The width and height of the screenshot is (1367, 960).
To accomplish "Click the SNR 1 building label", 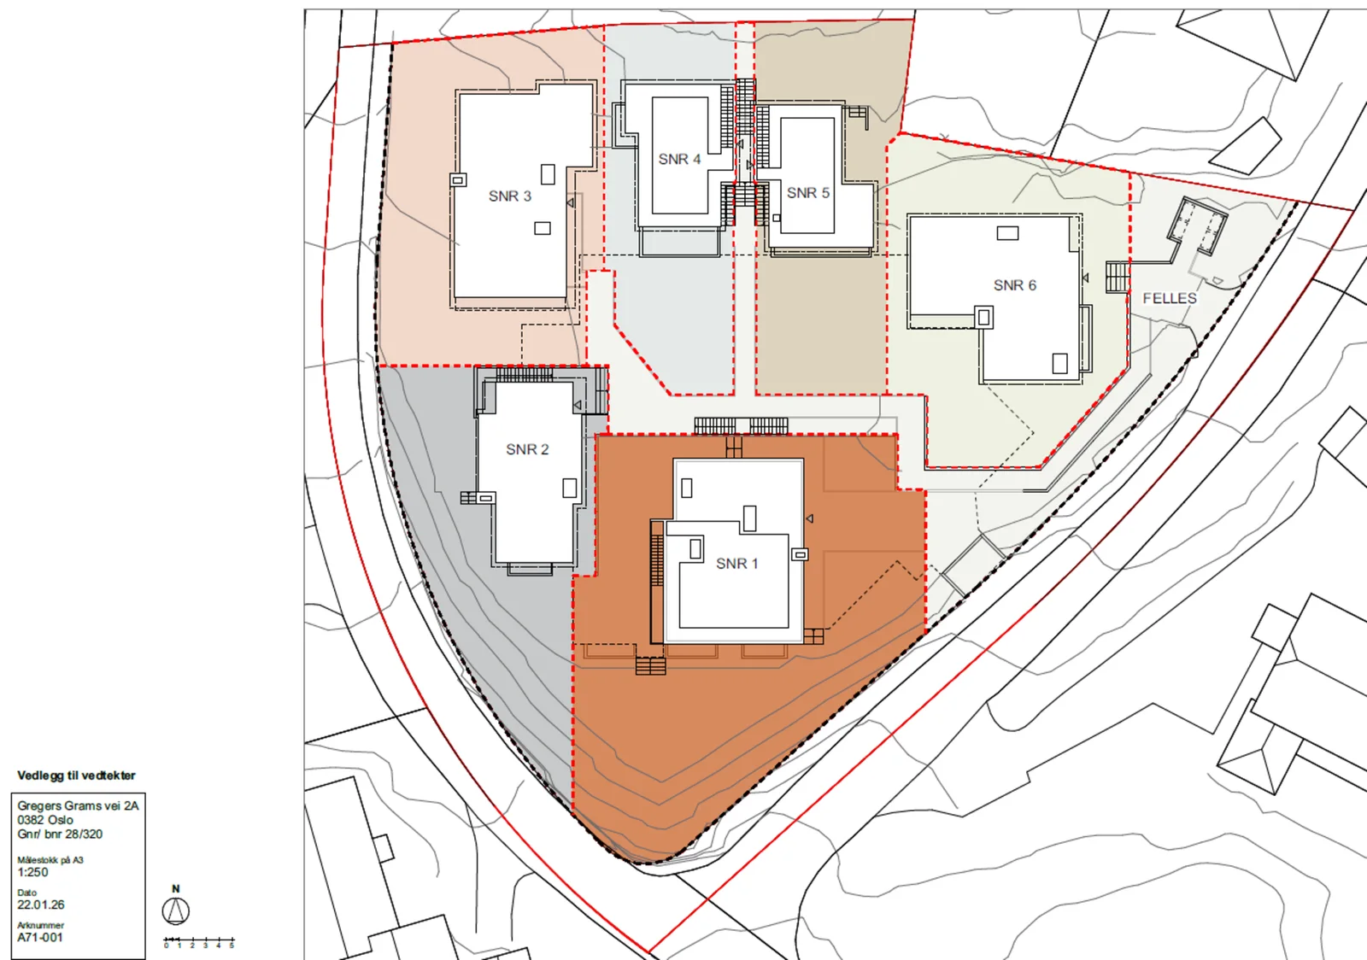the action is [736, 564].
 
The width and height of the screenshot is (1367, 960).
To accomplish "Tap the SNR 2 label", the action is [527, 449].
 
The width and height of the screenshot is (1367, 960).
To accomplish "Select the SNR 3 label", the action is [509, 196].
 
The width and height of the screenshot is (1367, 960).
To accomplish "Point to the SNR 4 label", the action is [679, 159].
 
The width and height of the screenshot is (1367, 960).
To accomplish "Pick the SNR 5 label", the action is [808, 193].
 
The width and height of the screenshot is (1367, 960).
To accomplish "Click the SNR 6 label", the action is [1015, 284].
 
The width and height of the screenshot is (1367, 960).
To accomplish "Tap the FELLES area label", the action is [1170, 298].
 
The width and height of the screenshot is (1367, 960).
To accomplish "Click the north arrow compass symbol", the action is [176, 910].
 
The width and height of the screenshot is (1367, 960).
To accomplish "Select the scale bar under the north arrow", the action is [199, 940].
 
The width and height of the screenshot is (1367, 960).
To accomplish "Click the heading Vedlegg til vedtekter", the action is [76, 776].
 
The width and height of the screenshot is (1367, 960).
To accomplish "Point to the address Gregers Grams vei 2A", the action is [78, 805].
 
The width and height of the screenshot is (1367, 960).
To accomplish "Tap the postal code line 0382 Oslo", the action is [45, 820].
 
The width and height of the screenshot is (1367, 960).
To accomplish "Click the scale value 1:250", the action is [32, 872].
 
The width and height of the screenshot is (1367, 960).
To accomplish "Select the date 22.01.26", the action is [41, 905].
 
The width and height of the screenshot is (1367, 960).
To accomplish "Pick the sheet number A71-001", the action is [39, 938].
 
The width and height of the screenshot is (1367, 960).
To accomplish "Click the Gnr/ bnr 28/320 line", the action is [60, 834].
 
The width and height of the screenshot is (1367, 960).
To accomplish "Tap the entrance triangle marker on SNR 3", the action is [571, 202].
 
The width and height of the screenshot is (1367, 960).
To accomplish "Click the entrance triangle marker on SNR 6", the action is [1085, 278].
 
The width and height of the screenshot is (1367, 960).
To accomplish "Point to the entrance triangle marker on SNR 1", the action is [809, 518].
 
